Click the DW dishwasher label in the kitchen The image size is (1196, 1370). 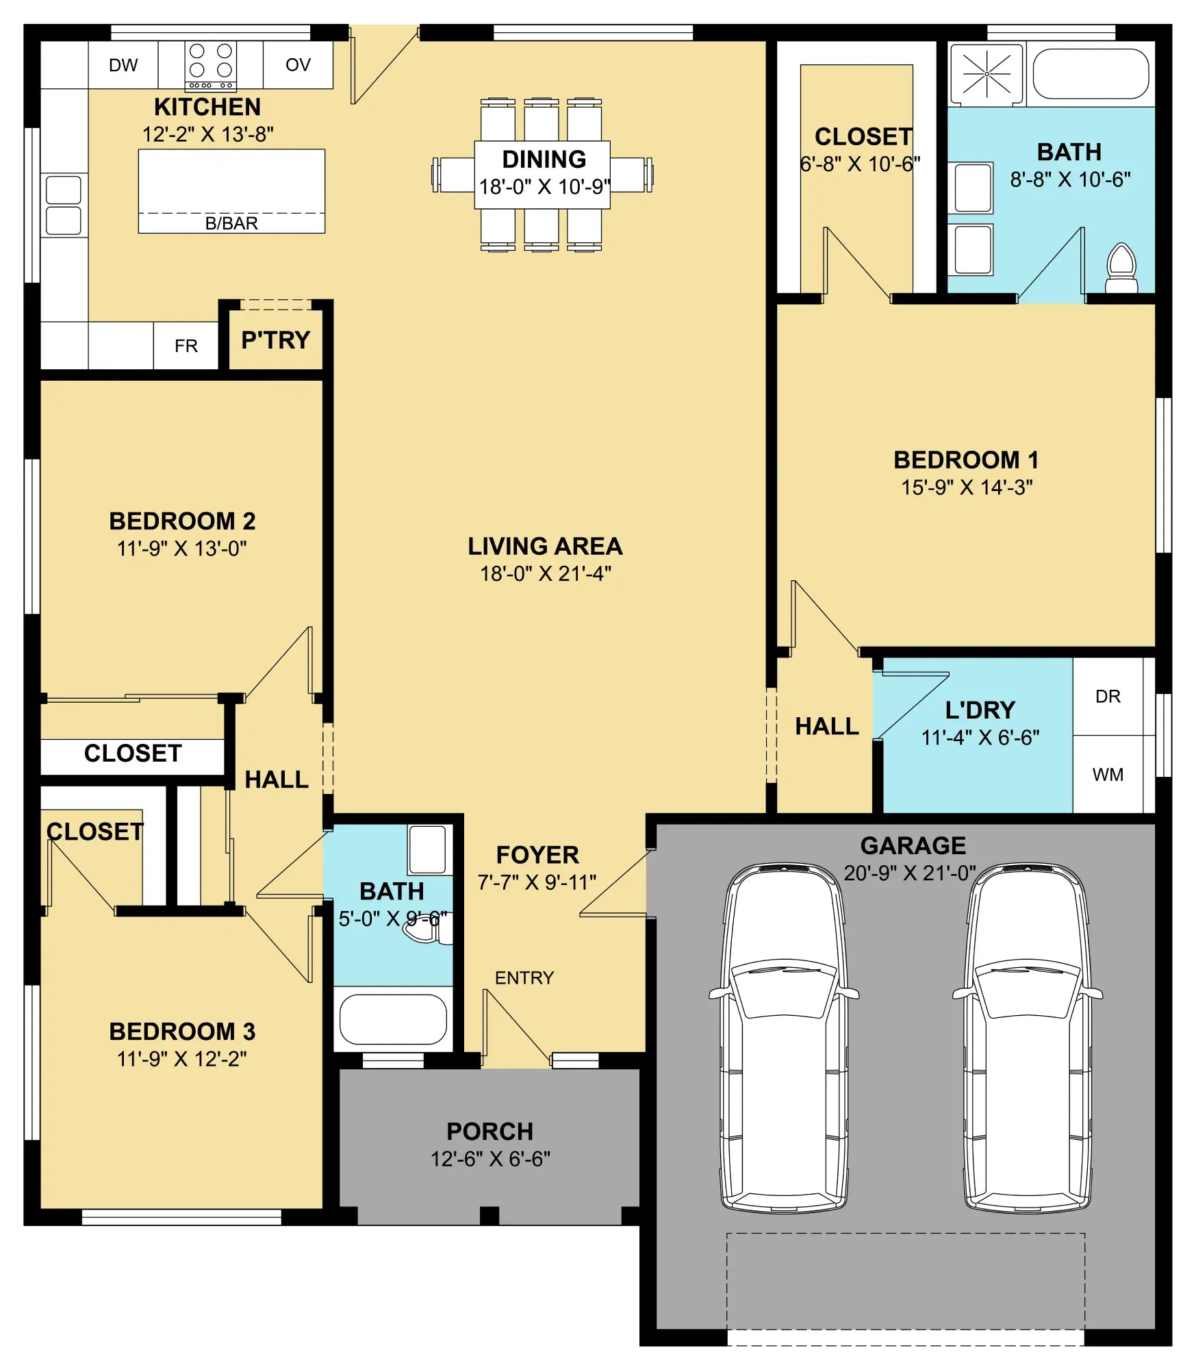point(123,65)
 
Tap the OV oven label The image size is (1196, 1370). point(298,65)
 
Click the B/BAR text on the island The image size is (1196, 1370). point(231,223)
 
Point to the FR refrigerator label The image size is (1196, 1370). point(186,346)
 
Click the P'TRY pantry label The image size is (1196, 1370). point(276,340)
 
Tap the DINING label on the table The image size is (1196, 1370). point(544,160)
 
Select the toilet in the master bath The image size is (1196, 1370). point(1121,268)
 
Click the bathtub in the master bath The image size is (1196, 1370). point(1091,74)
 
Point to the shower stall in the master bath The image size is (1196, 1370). point(987,74)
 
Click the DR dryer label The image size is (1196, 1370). point(1108,697)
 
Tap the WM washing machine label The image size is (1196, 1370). point(1108,775)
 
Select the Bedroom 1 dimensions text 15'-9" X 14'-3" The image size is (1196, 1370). point(967,487)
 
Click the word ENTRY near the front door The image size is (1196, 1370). point(524,977)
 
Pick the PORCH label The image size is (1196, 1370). point(490,1132)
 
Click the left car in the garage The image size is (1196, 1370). point(784,1038)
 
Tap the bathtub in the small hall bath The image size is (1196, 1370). point(393,1019)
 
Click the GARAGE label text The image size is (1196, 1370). point(913,846)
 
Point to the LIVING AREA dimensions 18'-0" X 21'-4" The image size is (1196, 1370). point(546,573)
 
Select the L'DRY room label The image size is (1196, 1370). point(980,710)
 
